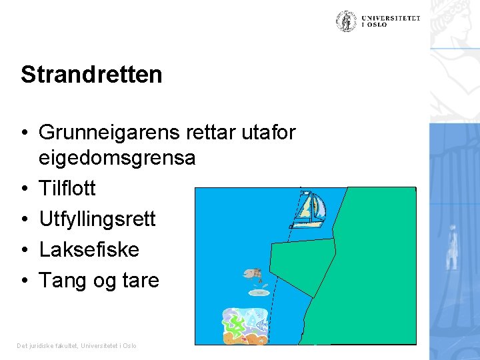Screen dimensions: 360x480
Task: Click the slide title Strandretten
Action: [91, 75]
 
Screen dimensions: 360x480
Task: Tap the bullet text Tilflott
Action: [67, 189]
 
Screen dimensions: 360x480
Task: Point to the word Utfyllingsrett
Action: [97, 219]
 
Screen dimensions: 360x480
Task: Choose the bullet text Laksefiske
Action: [89, 249]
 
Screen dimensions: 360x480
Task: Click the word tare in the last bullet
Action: [140, 281]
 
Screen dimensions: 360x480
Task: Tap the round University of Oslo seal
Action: [346, 21]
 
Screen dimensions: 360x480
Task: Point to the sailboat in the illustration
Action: [309, 210]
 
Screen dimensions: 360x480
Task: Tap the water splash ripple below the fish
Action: [259, 292]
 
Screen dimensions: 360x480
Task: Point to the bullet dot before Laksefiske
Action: [24, 250]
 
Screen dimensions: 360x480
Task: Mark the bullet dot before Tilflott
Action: [24, 189]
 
